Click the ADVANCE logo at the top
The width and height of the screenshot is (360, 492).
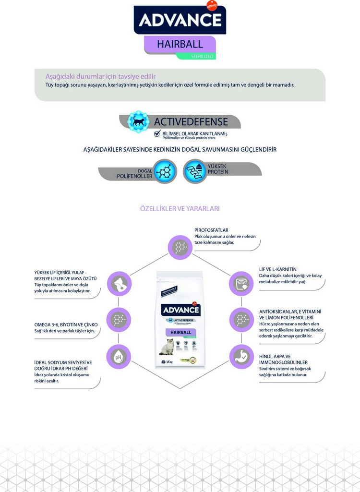pyautogui.click(x=180, y=20)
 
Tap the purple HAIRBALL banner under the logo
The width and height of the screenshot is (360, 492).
pyautogui.click(x=180, y=44)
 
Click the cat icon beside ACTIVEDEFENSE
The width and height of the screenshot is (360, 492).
pyautogui.click(x=138, y=121)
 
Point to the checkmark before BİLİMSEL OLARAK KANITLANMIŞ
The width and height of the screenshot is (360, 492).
pyautogui.click(x=157, y=133)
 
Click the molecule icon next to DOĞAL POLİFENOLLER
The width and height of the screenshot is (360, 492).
pyautogui.click(x=166, y=171)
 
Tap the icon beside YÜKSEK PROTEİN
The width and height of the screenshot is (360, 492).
pyautogui.click(x=194, y=171)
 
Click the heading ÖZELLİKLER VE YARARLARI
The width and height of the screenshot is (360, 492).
pyautogui.click(x=180, y=209)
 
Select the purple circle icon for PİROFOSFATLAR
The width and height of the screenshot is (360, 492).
pyautogui.click(x=180, y=247)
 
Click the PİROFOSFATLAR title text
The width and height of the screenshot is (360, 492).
pyautogui.click(x=211, y=230)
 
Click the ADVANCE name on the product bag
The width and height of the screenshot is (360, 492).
pyautogui.click(x=180, y=310)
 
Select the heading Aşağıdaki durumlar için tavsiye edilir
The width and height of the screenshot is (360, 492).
pyautogui.click(x=100, y=77)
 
